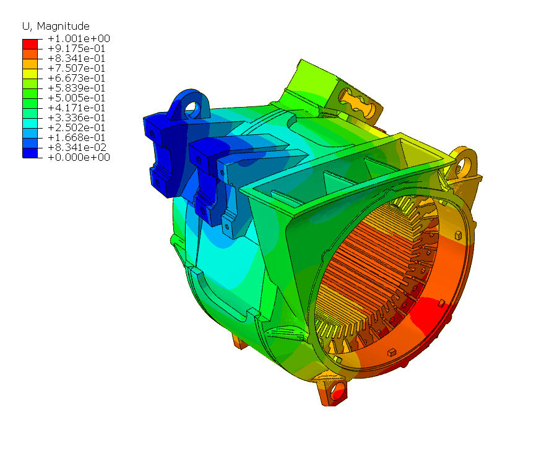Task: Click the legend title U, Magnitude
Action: (x=56, y=27)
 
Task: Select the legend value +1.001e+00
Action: (x=79, y=38)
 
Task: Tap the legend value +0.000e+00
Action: (x=79, y=157)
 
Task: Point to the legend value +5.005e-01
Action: (x=76, y=98)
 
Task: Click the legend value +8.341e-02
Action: (x=77, y=147)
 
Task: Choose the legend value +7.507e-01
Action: (x=76, y=68)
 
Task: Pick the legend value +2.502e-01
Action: (x=76, y=127)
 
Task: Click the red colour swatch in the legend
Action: (x=30, y=44)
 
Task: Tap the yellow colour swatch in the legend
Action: (x=30, y=74)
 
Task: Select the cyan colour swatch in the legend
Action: (x=30, y=124)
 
